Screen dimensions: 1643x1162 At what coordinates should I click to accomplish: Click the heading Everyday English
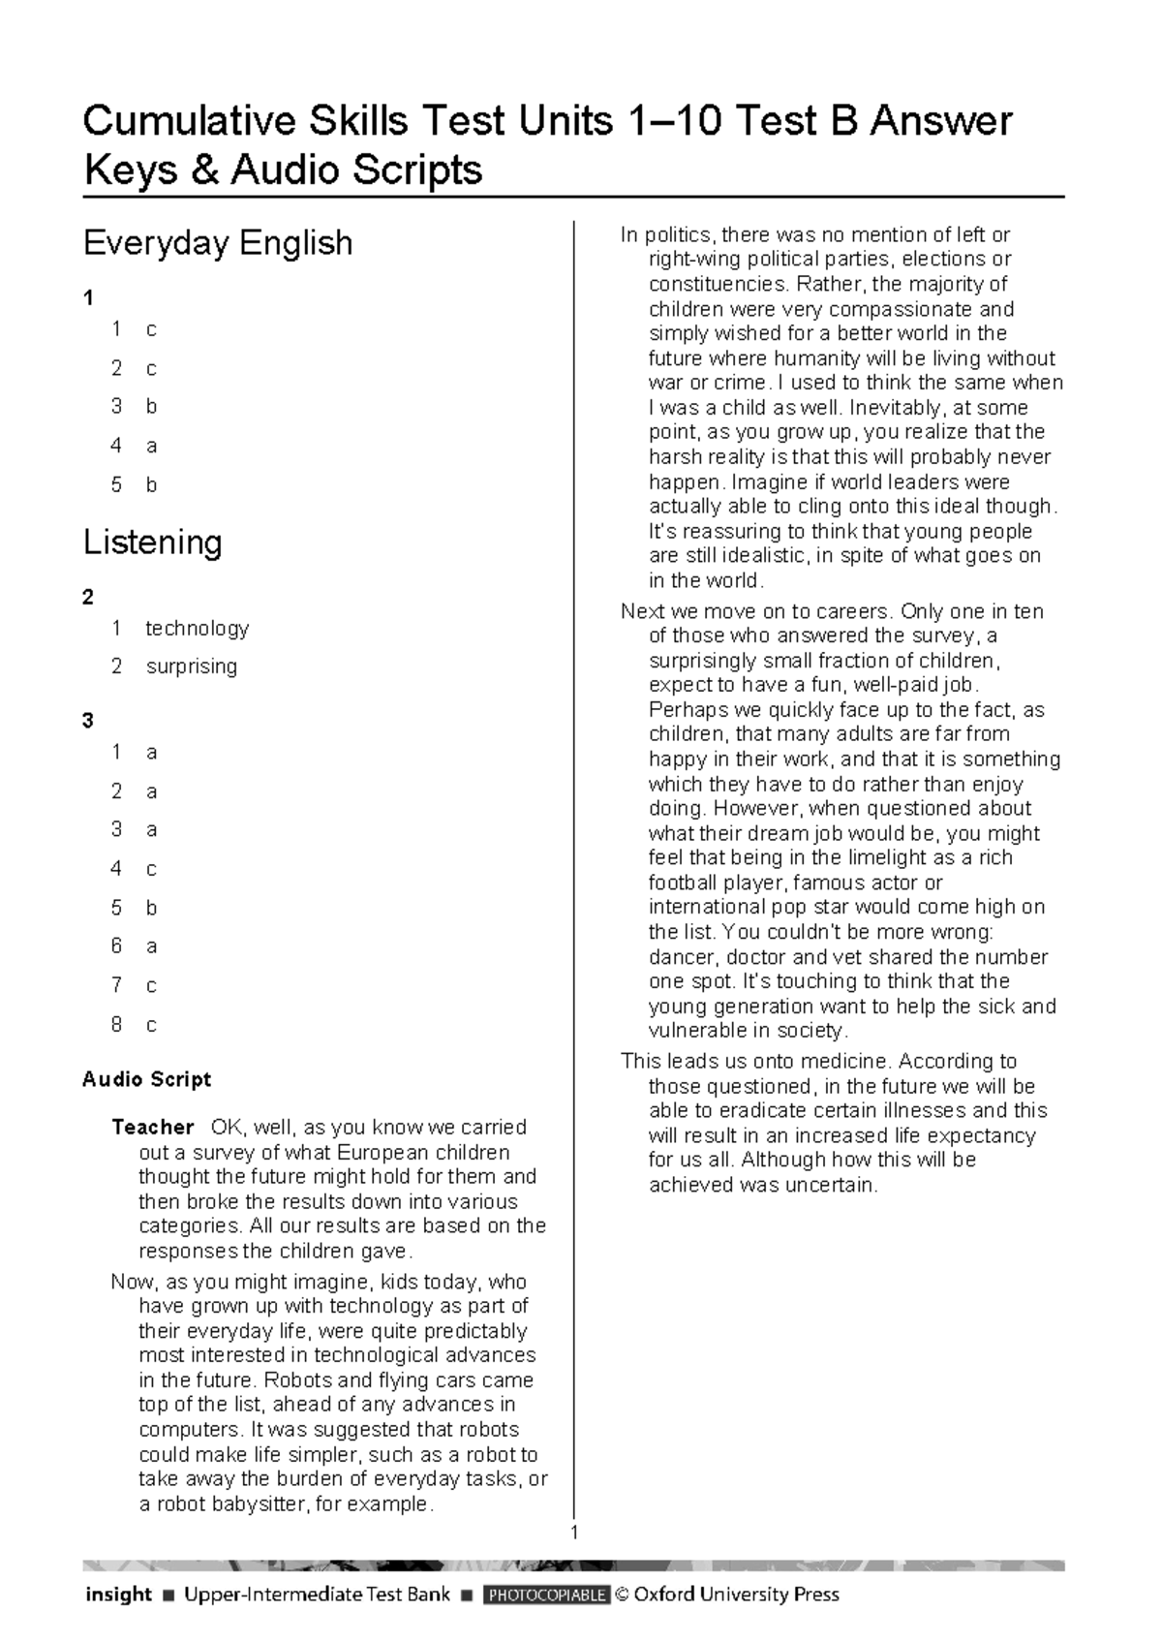218,242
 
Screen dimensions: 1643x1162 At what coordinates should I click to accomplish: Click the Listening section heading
153,542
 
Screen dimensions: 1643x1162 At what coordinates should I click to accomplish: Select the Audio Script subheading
146,1079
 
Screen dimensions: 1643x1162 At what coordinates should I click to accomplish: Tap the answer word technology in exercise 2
197,628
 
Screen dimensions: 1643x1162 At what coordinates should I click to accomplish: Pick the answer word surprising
191,666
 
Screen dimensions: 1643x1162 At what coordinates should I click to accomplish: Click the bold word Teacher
152,1128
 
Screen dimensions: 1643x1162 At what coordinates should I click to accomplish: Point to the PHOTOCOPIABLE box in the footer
547,1595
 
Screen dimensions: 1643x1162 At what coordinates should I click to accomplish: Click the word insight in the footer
118,1594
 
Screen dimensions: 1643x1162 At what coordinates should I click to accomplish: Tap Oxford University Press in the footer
736,1594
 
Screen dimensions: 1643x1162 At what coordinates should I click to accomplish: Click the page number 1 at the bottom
574,1533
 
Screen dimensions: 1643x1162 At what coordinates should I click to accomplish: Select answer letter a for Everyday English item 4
151,446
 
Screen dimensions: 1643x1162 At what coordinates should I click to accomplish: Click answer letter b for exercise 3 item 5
151,908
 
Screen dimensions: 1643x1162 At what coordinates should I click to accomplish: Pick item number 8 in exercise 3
116,1024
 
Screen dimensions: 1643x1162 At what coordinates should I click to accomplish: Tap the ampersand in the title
204,170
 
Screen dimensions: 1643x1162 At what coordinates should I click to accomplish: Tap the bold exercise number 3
88,720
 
